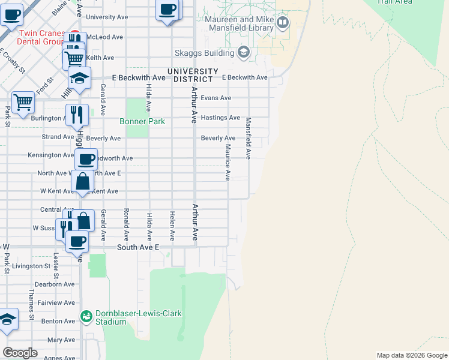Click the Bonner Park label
(142, 121)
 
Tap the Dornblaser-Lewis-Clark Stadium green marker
(86, 316)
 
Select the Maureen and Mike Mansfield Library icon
(283, 23)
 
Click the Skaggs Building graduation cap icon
(243, 52)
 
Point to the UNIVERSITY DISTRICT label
(190, 75)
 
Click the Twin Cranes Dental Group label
(41, 37)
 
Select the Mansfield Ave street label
(247, 138)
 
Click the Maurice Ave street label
(228, 162)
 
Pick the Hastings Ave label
(220, 118)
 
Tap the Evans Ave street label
(216, 98)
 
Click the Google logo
(20, 353)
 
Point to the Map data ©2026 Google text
(411, 355)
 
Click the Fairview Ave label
(56, 303)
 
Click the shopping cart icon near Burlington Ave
(23, 102)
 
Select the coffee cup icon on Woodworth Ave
(86, 159)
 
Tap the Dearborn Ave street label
(55, 284)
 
